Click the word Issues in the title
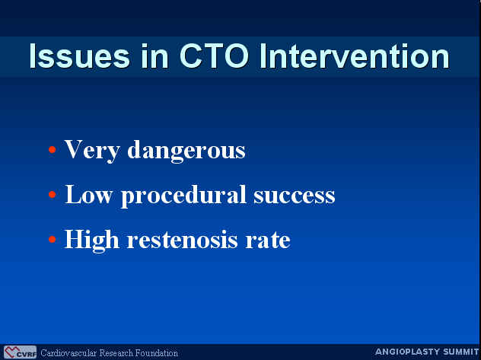tap(79, 56)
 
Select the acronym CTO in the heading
tap(214, 56)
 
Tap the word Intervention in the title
tap(355, 56)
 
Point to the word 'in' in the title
tap(154, 56)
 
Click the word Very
tap(92, 150)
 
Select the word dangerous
tap(186, 150)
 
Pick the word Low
tap(88, 194)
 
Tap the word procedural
tap(183, 196)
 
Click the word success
tap(295, 196)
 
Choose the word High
tap(92, 241)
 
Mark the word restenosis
tap(182, 240)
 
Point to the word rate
tap(268, 241)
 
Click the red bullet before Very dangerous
tap(53, 150)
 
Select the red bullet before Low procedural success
tap(53, 194)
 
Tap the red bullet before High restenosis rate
tap(53, 239)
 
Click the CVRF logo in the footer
tap(20, 352)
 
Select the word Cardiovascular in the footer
tap(69, 353)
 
